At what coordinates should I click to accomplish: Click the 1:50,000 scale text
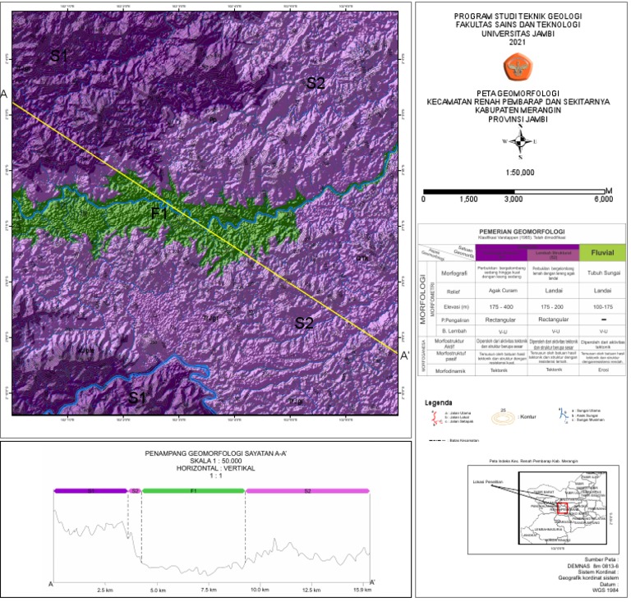click(519, 172)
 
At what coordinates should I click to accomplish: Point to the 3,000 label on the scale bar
click(514, 200)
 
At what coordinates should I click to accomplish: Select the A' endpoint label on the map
click(404, 356)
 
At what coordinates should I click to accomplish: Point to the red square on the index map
click(563, 508)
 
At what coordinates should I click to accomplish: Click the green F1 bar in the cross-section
click(194, 490)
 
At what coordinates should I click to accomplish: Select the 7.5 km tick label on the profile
click(209, 590)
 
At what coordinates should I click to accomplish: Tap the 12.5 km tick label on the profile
click(311, 590)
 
